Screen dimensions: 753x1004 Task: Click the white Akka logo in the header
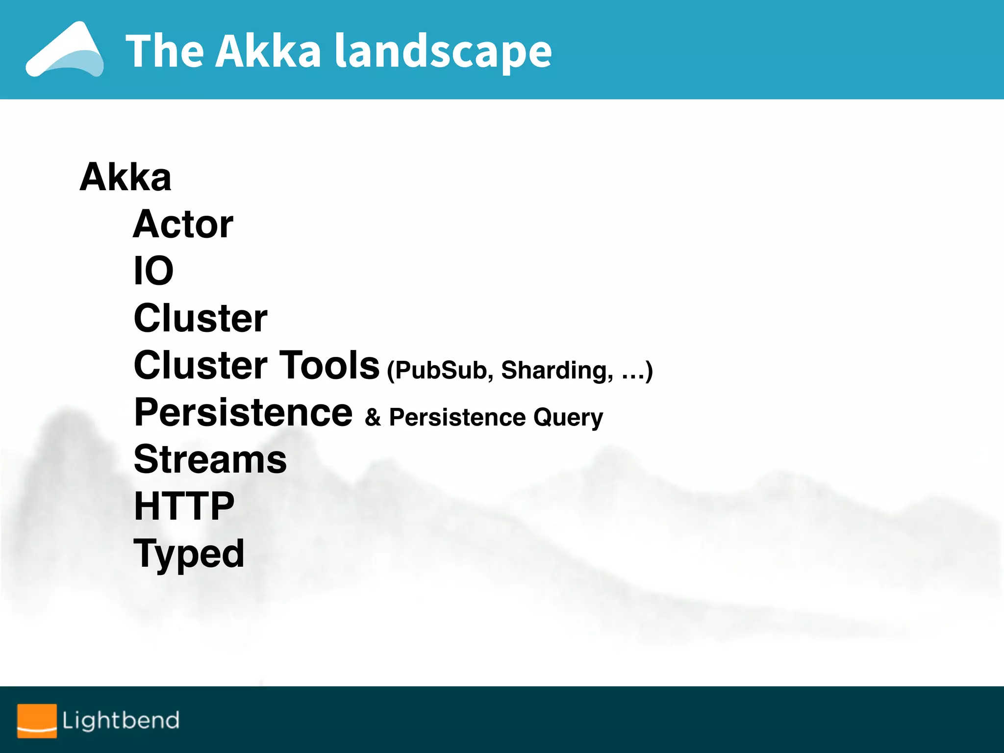coord(65,50)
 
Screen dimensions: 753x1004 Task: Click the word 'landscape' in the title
coord(443,51)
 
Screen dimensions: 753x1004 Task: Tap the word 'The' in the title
coord(165,51)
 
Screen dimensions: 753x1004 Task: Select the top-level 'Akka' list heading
coord(125,177)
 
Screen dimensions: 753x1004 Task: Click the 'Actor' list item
coord(183,224)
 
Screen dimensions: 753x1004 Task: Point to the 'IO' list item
coord(153,271)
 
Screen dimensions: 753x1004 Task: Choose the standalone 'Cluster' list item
coord(201,318)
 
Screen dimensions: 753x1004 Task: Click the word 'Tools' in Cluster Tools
coord(329,365)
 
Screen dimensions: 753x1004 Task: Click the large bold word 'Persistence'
coord(243,412)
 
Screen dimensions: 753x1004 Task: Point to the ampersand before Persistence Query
coord(373,418)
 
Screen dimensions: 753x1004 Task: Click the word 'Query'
coord(568,418)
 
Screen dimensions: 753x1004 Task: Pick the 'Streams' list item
coord(210,459)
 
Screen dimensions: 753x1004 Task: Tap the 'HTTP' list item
coord(184,506)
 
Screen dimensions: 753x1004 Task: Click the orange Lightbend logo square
coord(37,720)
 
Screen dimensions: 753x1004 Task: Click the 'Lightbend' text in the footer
coord(121,720)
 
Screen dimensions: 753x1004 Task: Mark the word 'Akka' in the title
coord(268,51)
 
